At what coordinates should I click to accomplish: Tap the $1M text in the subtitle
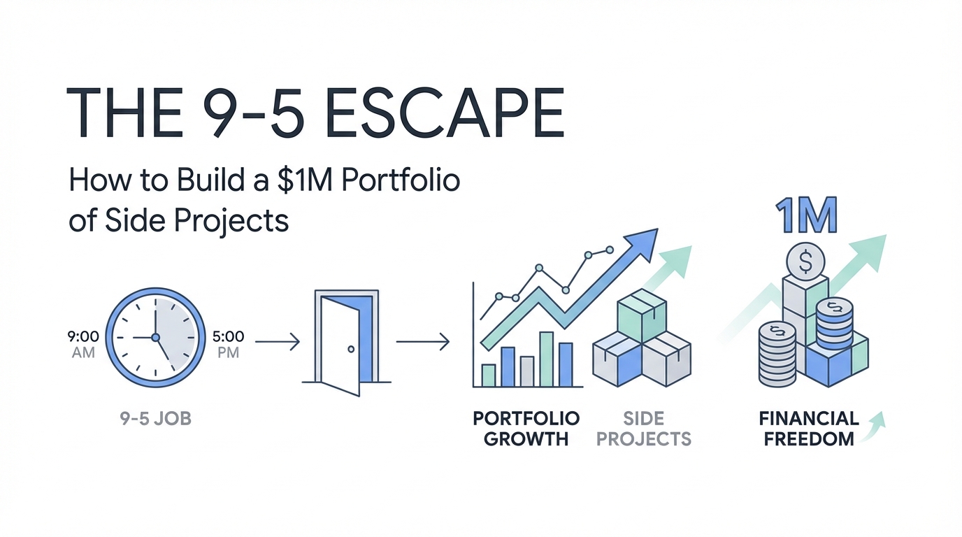pyautogui.click(x=308, y=180)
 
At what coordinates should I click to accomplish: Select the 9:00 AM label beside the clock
pyautogui.click(x=83, y=344)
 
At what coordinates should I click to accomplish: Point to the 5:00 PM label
pyautogui.click(x=228, y=344)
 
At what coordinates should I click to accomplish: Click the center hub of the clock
pyautogui.click(x=155, y=338)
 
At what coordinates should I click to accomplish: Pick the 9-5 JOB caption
pyautogui.click(x=155, y=421)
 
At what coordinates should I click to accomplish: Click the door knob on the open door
pyautogui.click(x=351, y=348)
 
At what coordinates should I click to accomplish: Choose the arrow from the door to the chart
pyautogui.click(x=422, y=342)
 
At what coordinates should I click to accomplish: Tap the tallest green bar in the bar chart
pyautogui.click(x=547, y=359)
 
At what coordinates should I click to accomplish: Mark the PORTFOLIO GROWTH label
pyautogui.click(x=526, y=429)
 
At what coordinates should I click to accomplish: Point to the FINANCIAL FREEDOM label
pyautogui.click(x=808, y=429)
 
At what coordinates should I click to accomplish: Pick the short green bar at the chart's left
pyautogui.click(x=489, y=375)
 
